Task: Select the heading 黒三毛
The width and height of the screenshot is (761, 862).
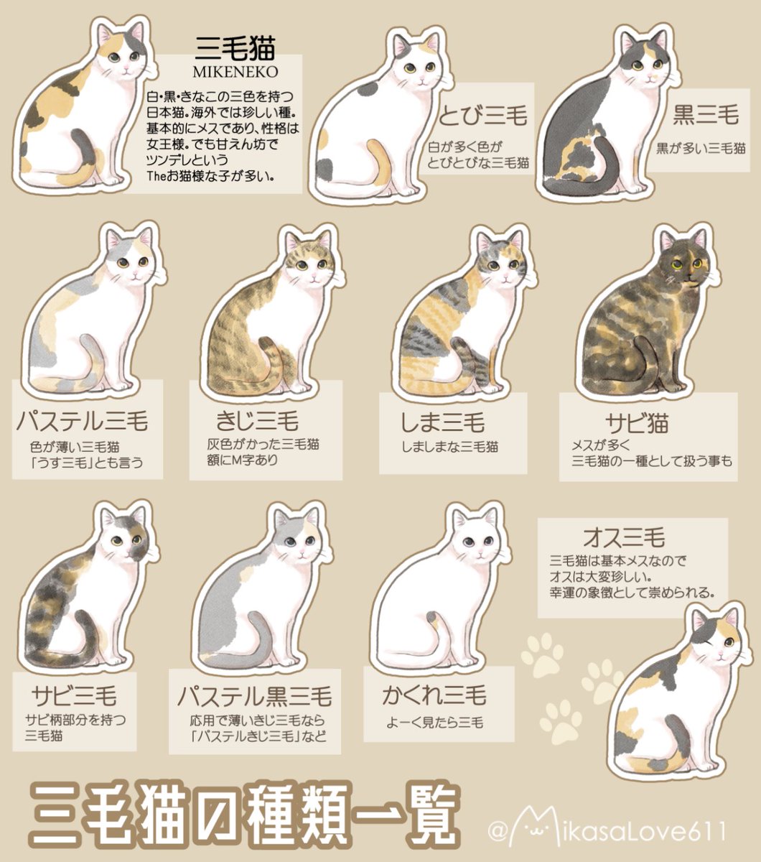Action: click(706, 115)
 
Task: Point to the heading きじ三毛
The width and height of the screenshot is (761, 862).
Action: click(257, 420)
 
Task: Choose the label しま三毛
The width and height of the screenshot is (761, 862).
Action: click(443, 421)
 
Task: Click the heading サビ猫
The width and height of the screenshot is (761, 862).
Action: click(637, 424)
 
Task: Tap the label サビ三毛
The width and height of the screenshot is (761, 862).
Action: click(75, 695)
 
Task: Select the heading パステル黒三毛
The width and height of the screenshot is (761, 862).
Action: click(254, 696)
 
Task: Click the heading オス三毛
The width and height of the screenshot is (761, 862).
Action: click(624, 537)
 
